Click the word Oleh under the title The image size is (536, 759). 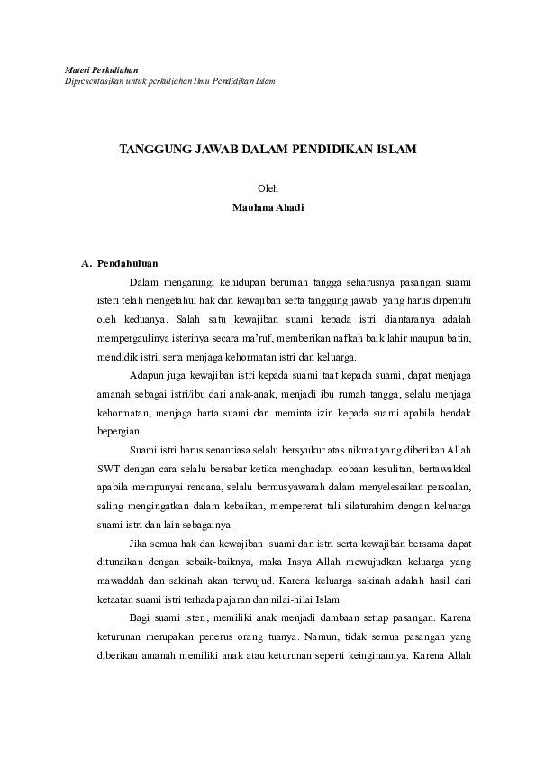tap(268, 188)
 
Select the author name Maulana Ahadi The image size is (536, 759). tap(268, 206)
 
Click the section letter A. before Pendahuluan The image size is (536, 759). tap(86, 263)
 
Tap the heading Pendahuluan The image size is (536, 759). tap(128, 263)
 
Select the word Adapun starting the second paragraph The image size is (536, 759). tap(146, 374)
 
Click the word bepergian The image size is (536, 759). tap(119, 431)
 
